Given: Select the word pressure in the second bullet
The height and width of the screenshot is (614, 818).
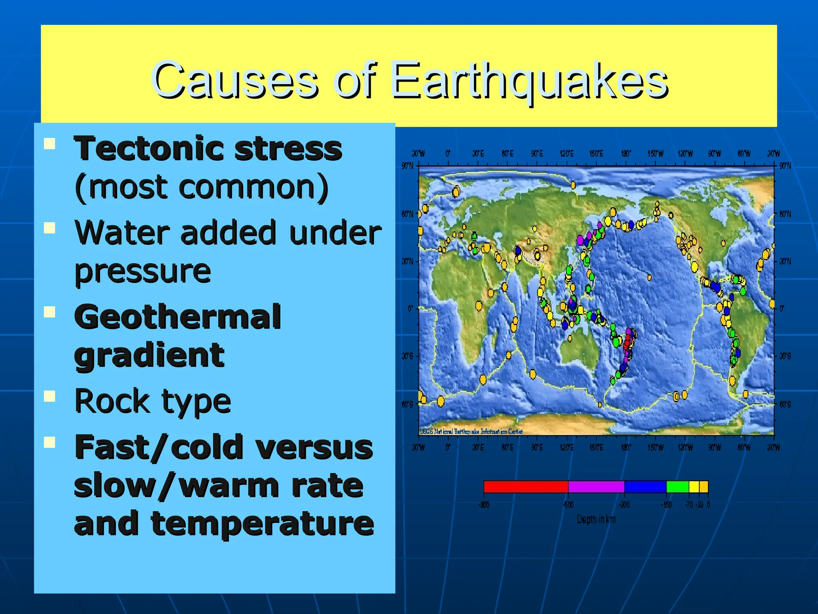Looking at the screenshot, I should click(x=143, y=271).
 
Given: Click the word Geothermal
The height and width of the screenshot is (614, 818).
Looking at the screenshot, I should click(x=178, y=317).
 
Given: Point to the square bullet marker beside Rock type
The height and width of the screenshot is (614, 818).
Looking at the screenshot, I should click(x=50, y=396).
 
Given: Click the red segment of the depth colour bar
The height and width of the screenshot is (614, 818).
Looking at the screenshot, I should click(x=526, y=486).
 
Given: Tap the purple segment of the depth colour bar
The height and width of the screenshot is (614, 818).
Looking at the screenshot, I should click(x=596, y=486).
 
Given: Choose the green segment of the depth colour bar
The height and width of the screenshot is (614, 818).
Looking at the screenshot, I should click(x=677, y=486).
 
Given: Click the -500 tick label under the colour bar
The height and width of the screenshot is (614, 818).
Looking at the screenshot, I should click(x=568, y=505).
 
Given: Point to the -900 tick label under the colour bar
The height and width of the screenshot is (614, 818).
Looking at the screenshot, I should click(x=484, y=505).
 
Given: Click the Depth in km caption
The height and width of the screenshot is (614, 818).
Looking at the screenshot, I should click(x=596, y=519).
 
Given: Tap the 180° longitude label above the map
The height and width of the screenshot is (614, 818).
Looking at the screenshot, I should click(x=626, y=154).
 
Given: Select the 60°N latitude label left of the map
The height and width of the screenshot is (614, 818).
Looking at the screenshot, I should click(x=407, y=214).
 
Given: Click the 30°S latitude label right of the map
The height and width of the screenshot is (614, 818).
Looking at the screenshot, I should click(x=785, y=356).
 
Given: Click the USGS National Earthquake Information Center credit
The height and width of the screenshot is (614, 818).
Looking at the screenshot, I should click(x=471, y=431).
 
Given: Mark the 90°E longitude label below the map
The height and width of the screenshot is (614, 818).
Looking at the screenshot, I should click(x=537, y=447).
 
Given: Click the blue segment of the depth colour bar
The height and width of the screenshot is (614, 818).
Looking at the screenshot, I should click(x=645, y=486).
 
